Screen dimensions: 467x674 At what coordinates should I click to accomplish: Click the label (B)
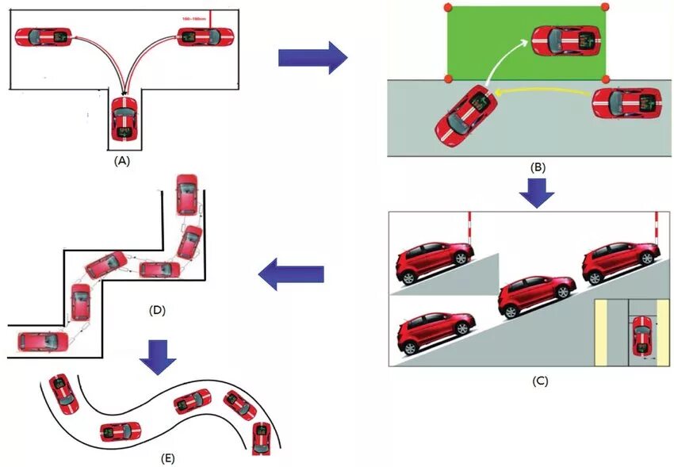[x=538, y=167]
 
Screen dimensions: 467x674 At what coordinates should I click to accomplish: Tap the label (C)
[x=539, y=381]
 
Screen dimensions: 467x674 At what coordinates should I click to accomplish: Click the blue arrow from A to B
[x=313, y=58]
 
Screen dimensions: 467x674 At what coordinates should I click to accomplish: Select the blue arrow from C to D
[x=293, y=274]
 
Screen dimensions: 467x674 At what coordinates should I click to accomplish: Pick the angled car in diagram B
[x=465, y=114]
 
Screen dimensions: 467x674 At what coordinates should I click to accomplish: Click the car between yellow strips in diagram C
[x=642, y=336]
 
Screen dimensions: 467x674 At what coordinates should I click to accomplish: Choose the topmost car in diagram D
[x=187, y=194]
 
